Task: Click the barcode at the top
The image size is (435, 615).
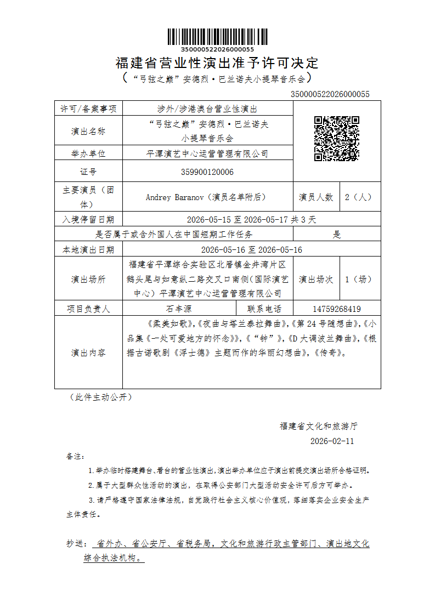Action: point(217,37)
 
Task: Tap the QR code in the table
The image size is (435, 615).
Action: point(336,139)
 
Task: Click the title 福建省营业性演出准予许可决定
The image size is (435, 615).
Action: point(217,63)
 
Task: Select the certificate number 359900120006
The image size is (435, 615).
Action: point(207,172)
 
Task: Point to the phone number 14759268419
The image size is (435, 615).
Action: point(336,309)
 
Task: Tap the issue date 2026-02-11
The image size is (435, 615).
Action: point(332,441)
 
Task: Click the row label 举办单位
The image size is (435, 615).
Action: point(88,154)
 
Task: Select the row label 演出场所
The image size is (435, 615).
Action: point(88,279)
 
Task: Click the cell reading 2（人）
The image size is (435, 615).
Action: point(360,197)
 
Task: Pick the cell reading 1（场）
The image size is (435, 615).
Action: point(360,279)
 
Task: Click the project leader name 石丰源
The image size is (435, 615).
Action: point(179,309)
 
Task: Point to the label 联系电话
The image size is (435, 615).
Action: point(264,309)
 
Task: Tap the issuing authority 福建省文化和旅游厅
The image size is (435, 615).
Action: point(319,426)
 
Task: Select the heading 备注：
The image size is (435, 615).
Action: point(75,456)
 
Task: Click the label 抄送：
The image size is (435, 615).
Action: point(77,544)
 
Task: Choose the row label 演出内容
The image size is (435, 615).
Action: point(88,352)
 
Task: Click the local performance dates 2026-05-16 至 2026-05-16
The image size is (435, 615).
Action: point(244,250)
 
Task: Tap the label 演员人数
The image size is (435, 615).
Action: point(316,197)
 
